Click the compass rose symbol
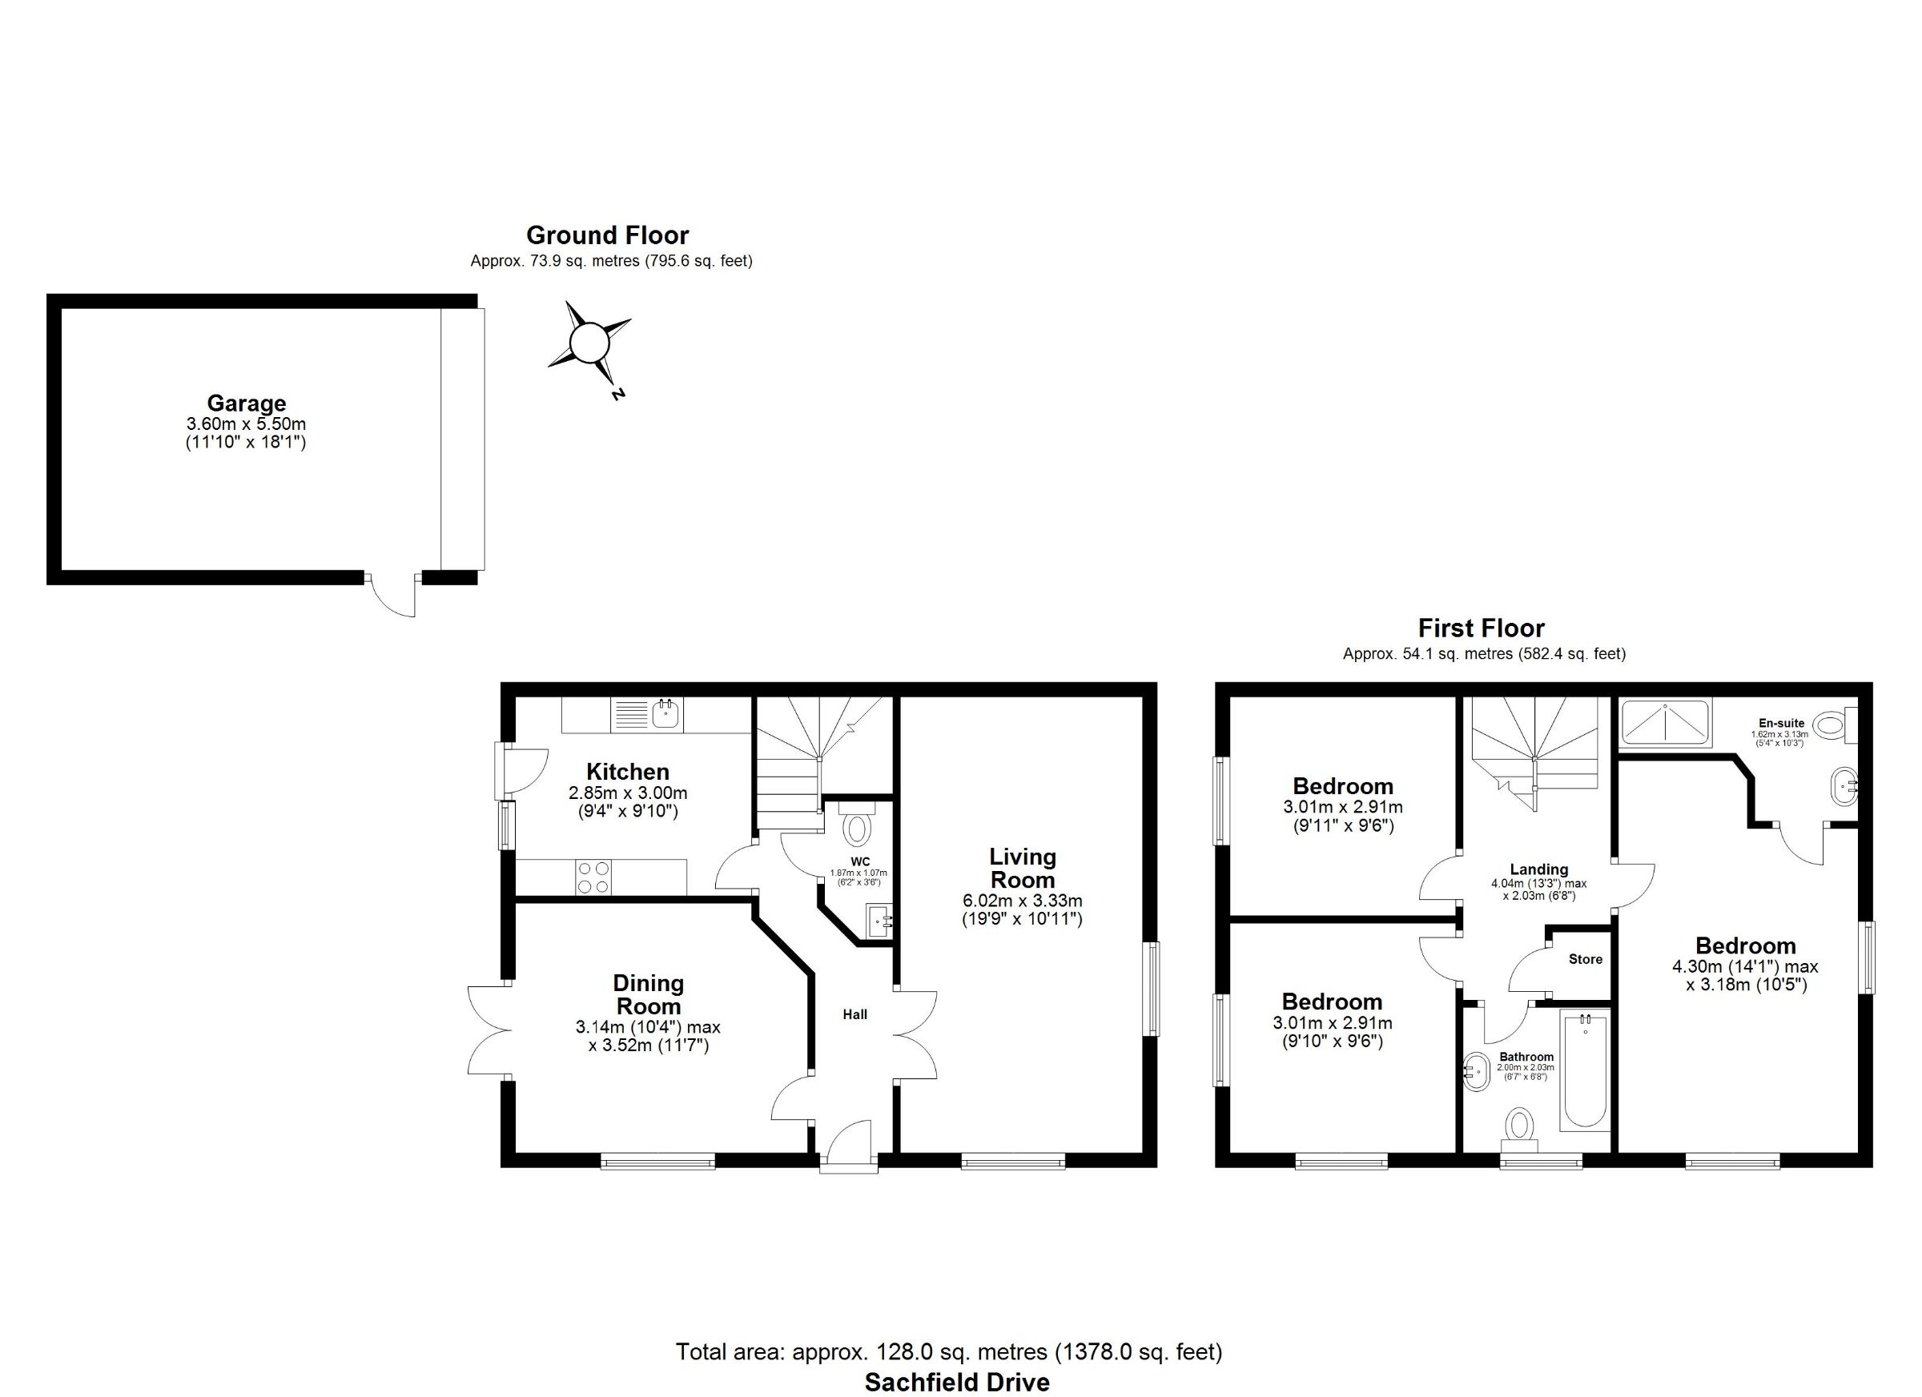588,345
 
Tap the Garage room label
247,403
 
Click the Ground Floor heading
608,235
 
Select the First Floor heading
1482,628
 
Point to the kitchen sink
667,714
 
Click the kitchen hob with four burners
593,877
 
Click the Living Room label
1023,869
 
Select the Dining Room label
649,994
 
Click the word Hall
855,1014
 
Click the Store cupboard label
1586,959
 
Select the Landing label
1539,869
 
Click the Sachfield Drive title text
957,1383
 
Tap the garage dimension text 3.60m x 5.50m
247,424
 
